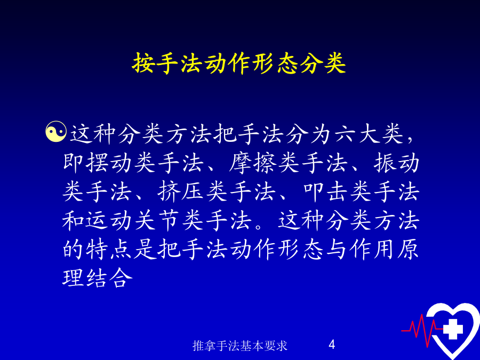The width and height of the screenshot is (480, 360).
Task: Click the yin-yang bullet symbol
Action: click(x=55, y=132)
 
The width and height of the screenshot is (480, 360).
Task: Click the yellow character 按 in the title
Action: click(x=143, y=63)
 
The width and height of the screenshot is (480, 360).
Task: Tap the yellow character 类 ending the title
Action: click(x=335, y=63)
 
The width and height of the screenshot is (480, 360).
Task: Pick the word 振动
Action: click(x=396, y=163)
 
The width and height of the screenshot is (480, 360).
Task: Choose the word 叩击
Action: click(x=325, y=191)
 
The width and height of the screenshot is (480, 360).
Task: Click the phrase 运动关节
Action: click(x=133, y=220)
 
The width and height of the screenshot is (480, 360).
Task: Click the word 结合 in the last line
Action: click(x=110, y=278)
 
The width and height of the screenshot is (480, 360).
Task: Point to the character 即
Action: click(x=74, y=163)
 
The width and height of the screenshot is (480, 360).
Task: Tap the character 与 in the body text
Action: click(x=336, y=249)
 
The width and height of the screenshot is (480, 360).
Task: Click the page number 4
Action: click(x=332, y=345)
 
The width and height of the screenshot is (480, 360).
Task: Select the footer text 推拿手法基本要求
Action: click(x=240, y=346)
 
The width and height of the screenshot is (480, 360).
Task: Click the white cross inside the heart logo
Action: click(x=453, y=329)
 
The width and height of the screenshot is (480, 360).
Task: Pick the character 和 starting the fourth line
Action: click(x=74, y=220)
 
